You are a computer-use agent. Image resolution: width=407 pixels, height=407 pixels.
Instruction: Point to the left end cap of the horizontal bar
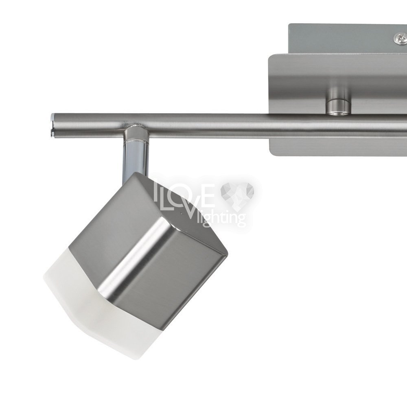[53, 125]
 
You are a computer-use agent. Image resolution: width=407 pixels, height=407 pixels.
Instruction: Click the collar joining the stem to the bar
[136, 133]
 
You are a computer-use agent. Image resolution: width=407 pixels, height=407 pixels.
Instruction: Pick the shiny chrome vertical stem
[136, 158]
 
